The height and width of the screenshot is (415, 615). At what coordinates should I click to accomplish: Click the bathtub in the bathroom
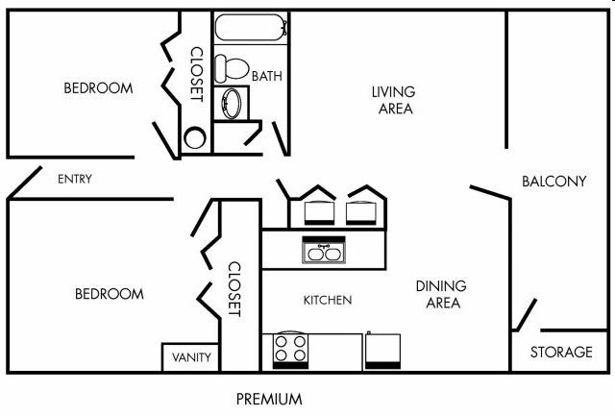(251, 27)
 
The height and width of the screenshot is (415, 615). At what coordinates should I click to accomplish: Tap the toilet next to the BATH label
(232, 68)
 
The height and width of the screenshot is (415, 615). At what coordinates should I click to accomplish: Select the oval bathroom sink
(232, 103)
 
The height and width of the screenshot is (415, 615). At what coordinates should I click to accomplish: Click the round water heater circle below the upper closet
(195, 137)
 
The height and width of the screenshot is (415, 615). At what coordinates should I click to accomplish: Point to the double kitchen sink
(324, 250)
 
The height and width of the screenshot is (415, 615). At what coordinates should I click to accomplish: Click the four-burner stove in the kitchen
(290, 351)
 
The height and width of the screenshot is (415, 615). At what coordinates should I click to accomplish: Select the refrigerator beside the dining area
(382, 351)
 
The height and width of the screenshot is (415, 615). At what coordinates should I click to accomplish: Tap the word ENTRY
(75, 179)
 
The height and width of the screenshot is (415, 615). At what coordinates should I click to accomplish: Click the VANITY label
(191, 357)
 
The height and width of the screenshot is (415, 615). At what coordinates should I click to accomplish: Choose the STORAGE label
(561, 352)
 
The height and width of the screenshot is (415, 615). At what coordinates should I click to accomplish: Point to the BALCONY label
(554, 182)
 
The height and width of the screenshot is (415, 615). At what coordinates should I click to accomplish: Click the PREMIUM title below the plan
(269, 399)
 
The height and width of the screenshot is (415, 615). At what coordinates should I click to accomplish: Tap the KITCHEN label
(328, 300)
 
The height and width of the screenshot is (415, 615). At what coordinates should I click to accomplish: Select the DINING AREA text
(442, 294)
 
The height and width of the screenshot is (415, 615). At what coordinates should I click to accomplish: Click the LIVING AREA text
(394, 100)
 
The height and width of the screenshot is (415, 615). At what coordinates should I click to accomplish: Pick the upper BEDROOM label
(98, 87)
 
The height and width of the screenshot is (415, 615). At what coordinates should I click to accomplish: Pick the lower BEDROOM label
(109, 294)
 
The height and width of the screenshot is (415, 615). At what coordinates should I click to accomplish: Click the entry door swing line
(24, 183)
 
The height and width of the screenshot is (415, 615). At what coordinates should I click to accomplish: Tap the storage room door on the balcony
(526, 315)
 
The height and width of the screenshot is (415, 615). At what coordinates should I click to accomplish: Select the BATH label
(267, 76)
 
